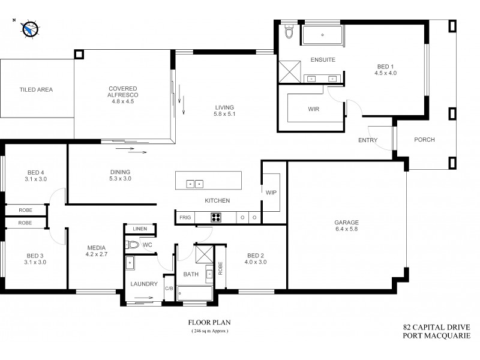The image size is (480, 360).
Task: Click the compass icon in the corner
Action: click(28, 28)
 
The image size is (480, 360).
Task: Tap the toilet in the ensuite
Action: click(289, 32)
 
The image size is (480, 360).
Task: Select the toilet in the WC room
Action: click(133, 245)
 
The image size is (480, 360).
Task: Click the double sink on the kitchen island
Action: click(194, 184)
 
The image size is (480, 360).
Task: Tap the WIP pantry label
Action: click(271, 193)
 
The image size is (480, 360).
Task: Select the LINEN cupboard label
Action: click(140, 229)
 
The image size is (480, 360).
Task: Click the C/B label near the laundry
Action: click(169, 289)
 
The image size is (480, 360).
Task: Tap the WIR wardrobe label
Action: click(313, 110)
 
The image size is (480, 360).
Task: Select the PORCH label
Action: click(424, 140)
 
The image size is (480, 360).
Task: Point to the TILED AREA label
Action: click(37, 89)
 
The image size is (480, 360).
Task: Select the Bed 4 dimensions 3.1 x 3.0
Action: click(35, 179)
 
